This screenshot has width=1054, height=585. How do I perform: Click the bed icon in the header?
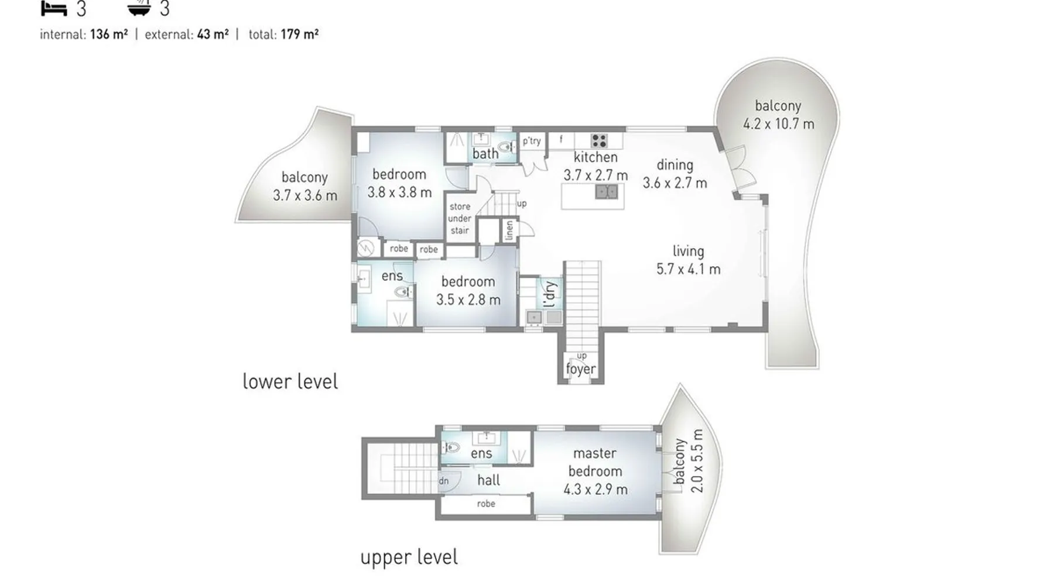tap(54, 8)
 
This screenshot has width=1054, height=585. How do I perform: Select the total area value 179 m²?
tap(299, 35)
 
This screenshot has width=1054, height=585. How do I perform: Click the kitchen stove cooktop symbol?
tap(598, 141)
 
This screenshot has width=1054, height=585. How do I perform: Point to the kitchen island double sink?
tap(607, 191)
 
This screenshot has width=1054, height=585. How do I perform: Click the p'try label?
tap(532, 141)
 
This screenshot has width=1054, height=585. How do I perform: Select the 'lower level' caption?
tap(290, 381)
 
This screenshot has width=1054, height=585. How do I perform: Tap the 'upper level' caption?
tap(409, 557)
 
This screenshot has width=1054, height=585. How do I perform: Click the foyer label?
tap(580, 369)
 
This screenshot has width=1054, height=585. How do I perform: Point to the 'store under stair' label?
tap(460, 218)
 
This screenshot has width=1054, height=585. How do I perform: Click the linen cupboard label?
tap(509, 230)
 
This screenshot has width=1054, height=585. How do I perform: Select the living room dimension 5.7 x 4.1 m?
tap(688, 269)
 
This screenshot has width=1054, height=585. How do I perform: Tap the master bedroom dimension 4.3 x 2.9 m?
tap(596, 490)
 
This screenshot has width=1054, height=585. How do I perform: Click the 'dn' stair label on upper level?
tap(444, 481)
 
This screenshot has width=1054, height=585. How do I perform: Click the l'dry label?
tap(549, 294)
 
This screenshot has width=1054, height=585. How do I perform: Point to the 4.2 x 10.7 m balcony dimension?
tap(778, 124)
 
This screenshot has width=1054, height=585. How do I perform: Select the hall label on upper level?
tap(488, 480)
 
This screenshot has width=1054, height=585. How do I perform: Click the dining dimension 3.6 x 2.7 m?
tap(675, 183)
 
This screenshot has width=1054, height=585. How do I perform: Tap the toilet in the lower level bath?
tap(506, 146)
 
